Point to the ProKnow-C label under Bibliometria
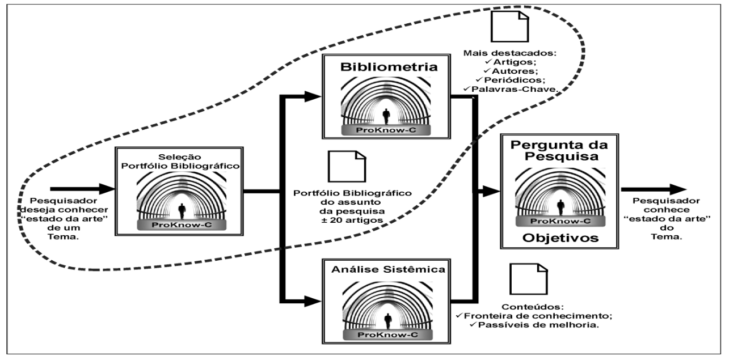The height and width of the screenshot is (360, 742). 387,130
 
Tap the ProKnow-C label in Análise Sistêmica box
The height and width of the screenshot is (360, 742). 387,334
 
